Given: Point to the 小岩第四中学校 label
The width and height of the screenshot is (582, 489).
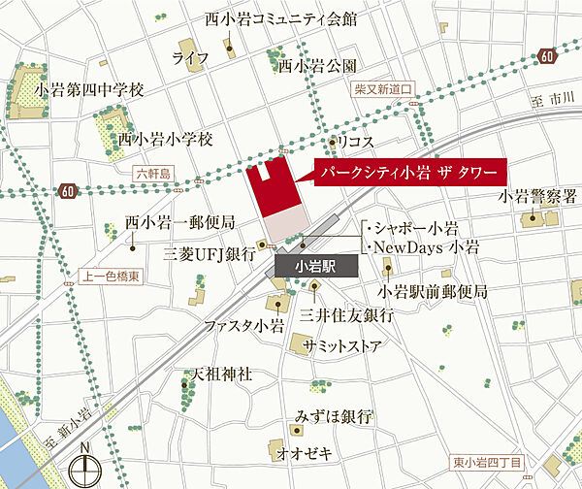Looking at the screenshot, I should (x=88, y=89).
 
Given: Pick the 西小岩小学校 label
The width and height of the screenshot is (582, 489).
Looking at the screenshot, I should (x=165, y=139).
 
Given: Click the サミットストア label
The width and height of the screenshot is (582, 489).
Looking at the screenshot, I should (x=340, y=346).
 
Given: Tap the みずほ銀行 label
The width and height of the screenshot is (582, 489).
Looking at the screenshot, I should (x=332, y=416).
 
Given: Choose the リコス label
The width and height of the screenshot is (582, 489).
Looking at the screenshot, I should (x=356, y=142).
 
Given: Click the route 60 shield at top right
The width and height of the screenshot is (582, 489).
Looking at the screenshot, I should (x=548, y=56).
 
